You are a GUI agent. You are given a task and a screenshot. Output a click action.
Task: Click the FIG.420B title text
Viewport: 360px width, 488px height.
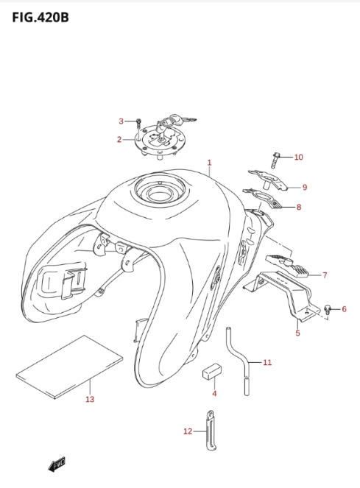coord(40,18)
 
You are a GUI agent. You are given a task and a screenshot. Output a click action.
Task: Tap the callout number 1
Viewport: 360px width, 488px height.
coord(210,163)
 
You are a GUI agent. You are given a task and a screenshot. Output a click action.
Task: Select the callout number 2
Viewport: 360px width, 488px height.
coord(119,139)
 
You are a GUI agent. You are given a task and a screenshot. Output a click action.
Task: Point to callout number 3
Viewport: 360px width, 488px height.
coord(121,121)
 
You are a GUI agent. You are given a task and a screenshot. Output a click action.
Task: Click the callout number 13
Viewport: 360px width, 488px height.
coord(90,399)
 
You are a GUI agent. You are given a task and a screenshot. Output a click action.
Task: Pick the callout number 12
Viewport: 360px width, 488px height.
coord(188,431)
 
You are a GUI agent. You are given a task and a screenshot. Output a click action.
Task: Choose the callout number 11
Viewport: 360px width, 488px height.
coord(267,362)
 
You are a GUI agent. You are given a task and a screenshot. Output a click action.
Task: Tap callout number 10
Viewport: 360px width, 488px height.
coord(298,158)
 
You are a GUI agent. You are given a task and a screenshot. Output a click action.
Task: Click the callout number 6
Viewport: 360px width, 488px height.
coord(344,309)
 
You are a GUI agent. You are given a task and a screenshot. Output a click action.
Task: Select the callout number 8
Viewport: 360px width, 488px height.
coord(299,207)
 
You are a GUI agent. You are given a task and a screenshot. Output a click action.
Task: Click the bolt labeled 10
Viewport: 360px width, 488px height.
coord(275,160)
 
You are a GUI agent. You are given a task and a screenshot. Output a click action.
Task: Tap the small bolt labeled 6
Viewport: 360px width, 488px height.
coord(327,308)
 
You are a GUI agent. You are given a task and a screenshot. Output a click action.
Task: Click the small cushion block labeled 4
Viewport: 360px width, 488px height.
coord(212,371)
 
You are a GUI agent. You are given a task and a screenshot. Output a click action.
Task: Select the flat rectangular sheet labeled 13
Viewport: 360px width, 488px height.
coord(69,367)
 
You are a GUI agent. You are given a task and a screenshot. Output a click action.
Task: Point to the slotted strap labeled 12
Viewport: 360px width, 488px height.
coord(211,430)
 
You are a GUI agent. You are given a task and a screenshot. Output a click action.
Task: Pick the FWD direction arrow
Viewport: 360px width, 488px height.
coord(57,464)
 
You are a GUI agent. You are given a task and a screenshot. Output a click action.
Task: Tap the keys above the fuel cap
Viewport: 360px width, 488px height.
coord(177,120)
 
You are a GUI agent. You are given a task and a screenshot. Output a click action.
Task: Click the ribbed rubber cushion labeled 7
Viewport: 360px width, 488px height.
coord(286,266)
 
